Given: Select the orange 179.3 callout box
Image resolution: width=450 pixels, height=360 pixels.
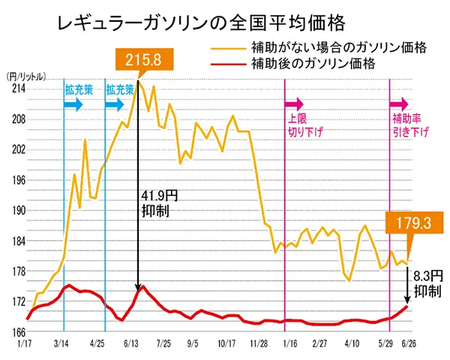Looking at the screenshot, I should click(x=410, y=222).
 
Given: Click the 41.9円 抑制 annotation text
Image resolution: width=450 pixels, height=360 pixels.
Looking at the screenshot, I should click(x=159, y=203).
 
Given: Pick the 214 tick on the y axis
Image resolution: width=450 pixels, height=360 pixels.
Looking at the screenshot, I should click(x=16, y=88).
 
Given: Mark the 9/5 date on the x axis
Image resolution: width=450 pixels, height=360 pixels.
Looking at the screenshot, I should click(x=191, y=344).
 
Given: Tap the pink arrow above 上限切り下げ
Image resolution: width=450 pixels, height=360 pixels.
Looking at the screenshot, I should click(x=294, y=103).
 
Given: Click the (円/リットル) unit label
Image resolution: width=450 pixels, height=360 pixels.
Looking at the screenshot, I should click(x=25, y=76).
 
